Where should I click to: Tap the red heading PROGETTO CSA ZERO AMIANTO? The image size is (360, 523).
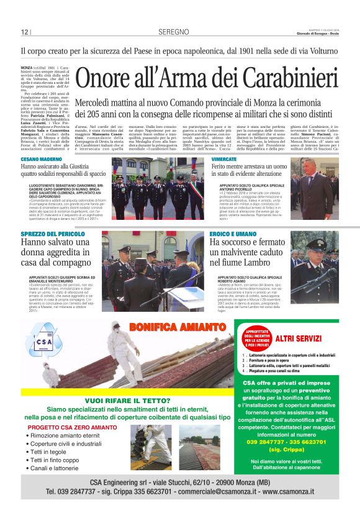tap(72, 427)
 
